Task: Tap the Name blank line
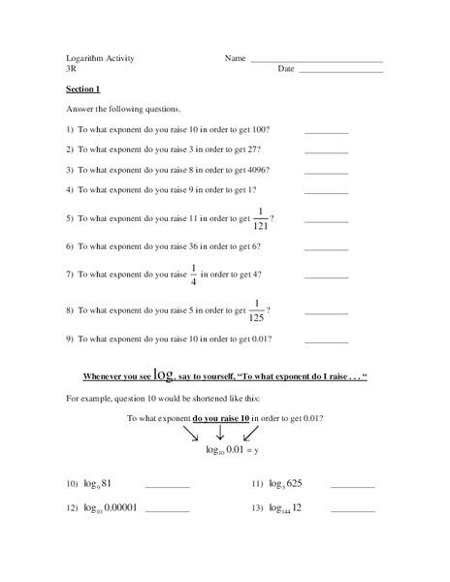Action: pyautogui.click(x=316, y=61)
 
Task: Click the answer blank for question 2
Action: pyautogui.click(x=327, y=151)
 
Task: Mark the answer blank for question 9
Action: pyautogui.click(x=327, y=341)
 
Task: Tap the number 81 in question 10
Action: pyautogui.click(x=107, y=483)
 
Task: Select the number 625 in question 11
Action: pyautogui.click(x=294, y=483)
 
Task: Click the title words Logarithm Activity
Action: pyautogui.click(x=100, y=58)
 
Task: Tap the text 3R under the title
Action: pyautogui.click(x=72, y=69)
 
